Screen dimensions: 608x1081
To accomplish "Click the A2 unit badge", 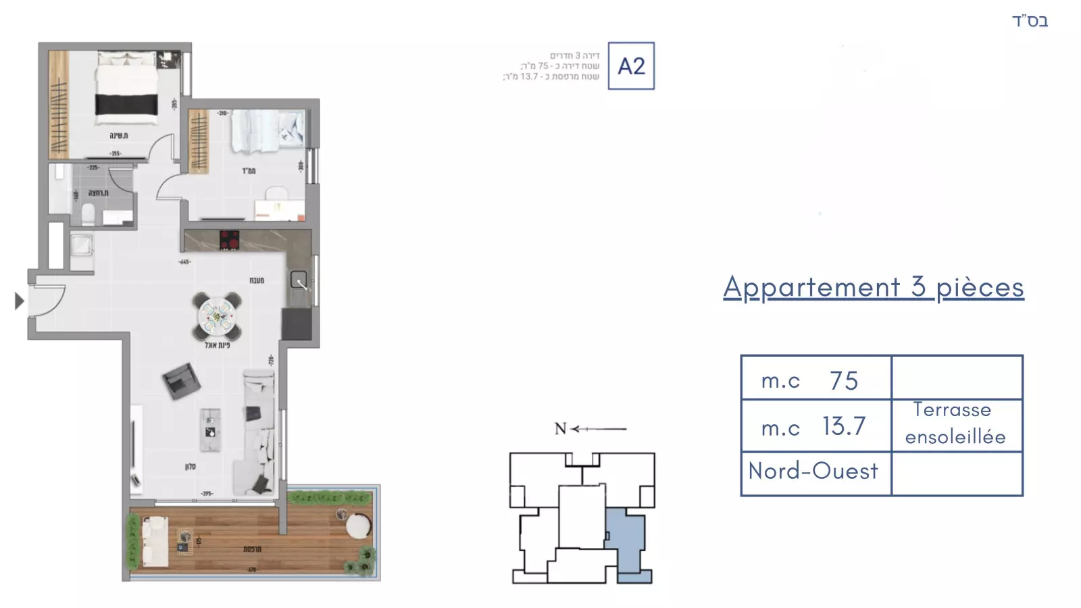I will coord(631,66).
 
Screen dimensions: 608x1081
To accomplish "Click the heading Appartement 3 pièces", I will coord(873,287).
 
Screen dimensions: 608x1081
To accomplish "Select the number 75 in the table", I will coord(844,380).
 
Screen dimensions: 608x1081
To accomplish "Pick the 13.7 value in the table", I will coord(844,426).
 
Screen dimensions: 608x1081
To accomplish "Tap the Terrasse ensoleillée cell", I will coord(955,424).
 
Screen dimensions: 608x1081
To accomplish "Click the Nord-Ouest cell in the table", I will coord(813,471).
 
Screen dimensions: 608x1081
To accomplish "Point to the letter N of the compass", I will coord(560,428).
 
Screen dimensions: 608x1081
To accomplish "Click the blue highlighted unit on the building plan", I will coord(626,540).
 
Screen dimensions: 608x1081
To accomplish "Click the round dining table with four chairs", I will coord(217,316).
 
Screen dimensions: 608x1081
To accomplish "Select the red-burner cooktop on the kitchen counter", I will coord(229,240).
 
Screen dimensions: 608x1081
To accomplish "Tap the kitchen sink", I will coord(299,280).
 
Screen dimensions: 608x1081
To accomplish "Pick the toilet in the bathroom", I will coord(88,215).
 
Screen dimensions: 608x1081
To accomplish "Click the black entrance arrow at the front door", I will coord(20,301).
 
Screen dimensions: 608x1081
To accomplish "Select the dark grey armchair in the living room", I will coord(181,381).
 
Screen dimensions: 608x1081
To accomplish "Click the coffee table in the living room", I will coord(210,430).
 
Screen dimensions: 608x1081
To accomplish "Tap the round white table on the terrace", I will coord(358,526).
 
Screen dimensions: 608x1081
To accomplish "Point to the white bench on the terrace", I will coord(155,542).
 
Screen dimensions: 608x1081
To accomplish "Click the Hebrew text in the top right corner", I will coord(1030,21).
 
